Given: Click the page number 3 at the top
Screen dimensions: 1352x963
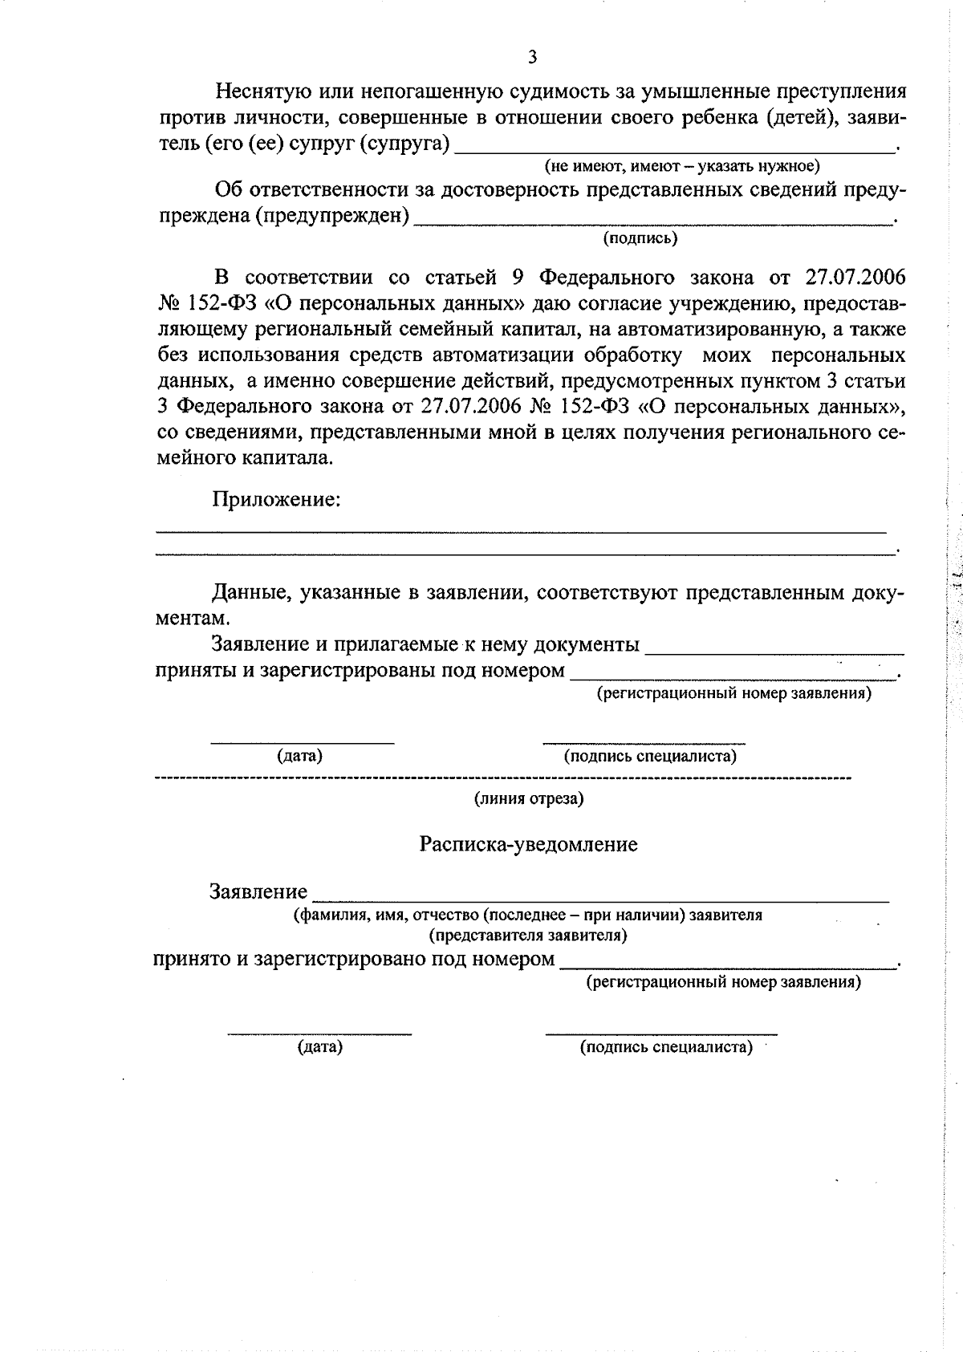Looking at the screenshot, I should pyautogui.click(x=532, y=55).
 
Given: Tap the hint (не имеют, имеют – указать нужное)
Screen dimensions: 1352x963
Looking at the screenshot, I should pyautogui.click(x=682, y=166).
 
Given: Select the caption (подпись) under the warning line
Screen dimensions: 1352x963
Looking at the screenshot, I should pyautogui.click(x=640, y=238).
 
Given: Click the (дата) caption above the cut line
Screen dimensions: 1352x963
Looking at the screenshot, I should pyautogui.click(x=300, y=756).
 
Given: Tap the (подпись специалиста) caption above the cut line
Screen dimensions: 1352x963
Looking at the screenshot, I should pyautogui.click(x=650, y=756).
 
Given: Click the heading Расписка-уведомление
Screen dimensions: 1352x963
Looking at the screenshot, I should pyautogui.click(x=529, y=844).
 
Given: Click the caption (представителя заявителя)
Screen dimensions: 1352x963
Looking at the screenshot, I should pyautogui.click(x=528, y=935).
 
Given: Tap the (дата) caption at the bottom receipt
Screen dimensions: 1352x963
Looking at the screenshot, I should pyautogui.click(x=319, y=1047).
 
